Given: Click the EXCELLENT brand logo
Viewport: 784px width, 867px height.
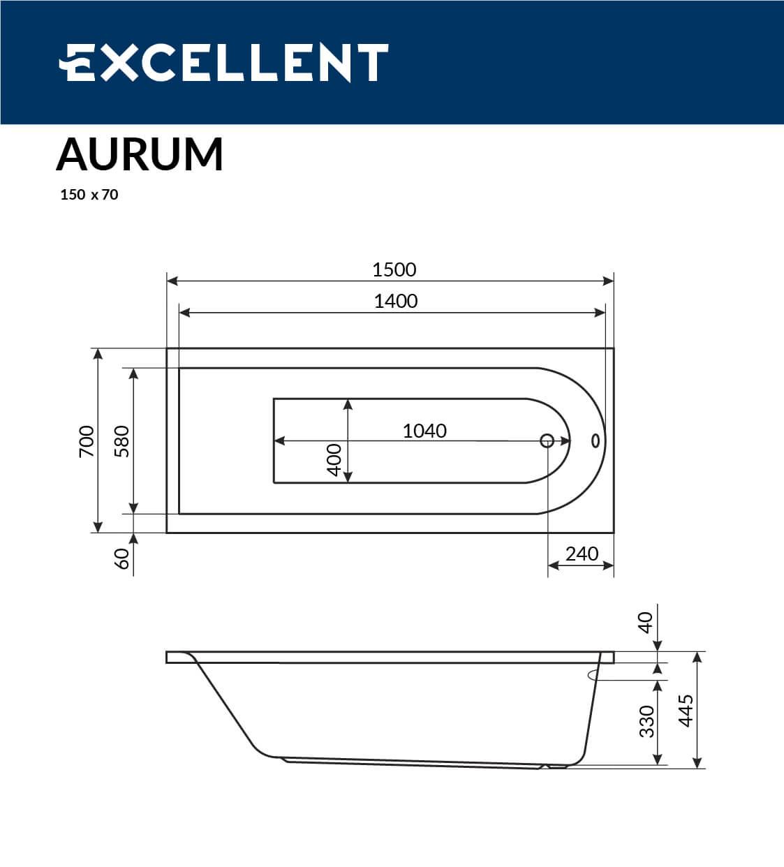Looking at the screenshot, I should pyautogui.click(x=223, y=63).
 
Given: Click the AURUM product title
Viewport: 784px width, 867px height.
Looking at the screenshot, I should pyautogui.click(x=140, y=154).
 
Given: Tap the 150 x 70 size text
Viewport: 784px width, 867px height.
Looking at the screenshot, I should pyautogui.click(x=89, y=195).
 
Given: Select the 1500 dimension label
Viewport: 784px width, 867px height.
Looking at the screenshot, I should pyautogui.click(x=394, y=269).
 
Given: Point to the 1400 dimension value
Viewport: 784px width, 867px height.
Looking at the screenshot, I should pyautogui.click(x=395, y=301).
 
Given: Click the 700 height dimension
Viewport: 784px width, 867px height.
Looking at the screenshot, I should pyautogui.click(x=86, y=440).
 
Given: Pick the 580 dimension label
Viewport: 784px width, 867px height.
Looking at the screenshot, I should pyautogui.click(x=121, y=440).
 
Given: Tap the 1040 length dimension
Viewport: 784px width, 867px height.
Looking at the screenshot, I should pyautogui.click(x=424, y=431).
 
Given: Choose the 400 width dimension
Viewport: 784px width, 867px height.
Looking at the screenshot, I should pyautogui.click(x=334, y=459).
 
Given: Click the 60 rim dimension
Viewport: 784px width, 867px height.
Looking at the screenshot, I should pyautogui.click(x=121, y=558).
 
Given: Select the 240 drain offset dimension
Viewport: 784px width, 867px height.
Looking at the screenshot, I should pyautogui.click(x=582, y=554).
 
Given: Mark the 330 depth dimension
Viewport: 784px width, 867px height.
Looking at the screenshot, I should pyautogui.click(x=646, y=721).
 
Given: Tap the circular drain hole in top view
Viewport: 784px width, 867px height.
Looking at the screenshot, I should pyautogui.click(x=547, y=440).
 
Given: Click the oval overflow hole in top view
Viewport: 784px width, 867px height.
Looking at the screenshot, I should pyautogui.click(x=595, y=440).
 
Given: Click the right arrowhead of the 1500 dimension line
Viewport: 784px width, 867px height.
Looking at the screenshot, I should pyautogui.click(x=609, y=281).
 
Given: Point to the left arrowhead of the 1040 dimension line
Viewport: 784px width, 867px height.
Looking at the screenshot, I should pyautogui.click(x=279, y=441).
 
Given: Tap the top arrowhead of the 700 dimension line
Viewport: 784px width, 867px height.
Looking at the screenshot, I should pyautogui.click(x=98, y=354).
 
